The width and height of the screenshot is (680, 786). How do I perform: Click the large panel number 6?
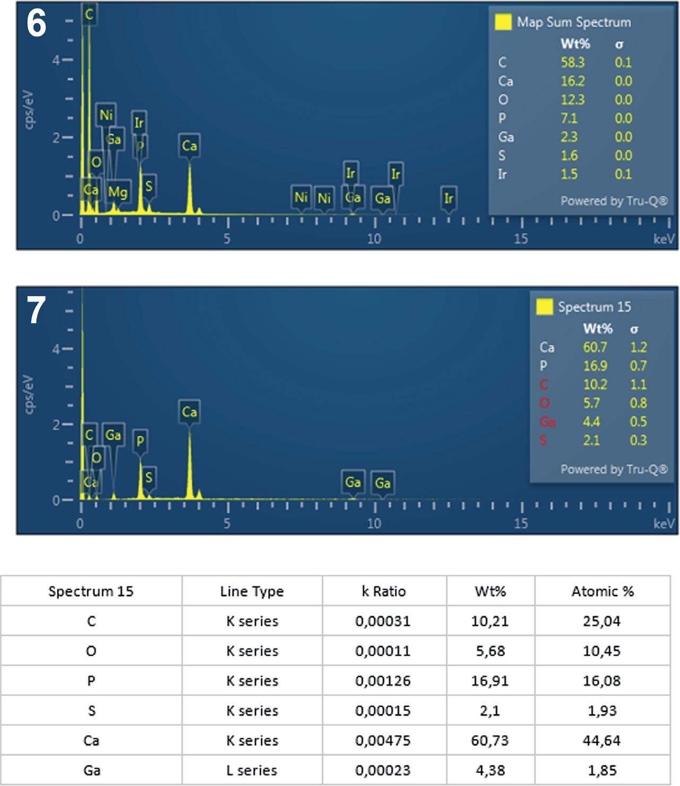pos(36,23)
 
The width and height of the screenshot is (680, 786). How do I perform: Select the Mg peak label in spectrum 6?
pos(117,192)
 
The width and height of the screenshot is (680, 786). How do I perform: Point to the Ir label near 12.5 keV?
pos(449,198)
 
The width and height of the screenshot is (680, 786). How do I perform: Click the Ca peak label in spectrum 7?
pos(190,412)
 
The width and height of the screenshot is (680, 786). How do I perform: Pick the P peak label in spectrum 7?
pos(140,441)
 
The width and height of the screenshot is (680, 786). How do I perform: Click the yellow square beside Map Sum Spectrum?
pos(503,22)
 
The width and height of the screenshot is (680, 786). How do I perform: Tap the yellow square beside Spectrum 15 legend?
pos(544,307)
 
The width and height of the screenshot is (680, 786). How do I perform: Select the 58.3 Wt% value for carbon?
pos(572,62)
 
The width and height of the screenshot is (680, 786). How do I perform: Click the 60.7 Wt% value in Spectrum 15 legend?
pos(595,347)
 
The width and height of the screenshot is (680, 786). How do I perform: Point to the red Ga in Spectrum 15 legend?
pos(547,421)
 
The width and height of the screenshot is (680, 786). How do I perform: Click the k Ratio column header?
pos(383,591)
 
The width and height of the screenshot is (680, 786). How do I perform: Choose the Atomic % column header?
pos(602,591)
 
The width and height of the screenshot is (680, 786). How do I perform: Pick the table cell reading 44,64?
pos(602,740)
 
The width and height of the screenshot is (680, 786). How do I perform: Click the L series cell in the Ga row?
pos(252,770)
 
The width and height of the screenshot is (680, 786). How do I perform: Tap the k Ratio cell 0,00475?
pos(383,740)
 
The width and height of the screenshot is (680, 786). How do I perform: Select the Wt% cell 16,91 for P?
pos(490,681)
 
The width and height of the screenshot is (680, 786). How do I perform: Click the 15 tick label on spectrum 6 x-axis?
pos(521,239)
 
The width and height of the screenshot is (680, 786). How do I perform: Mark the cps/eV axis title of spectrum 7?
pos(29,394)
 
